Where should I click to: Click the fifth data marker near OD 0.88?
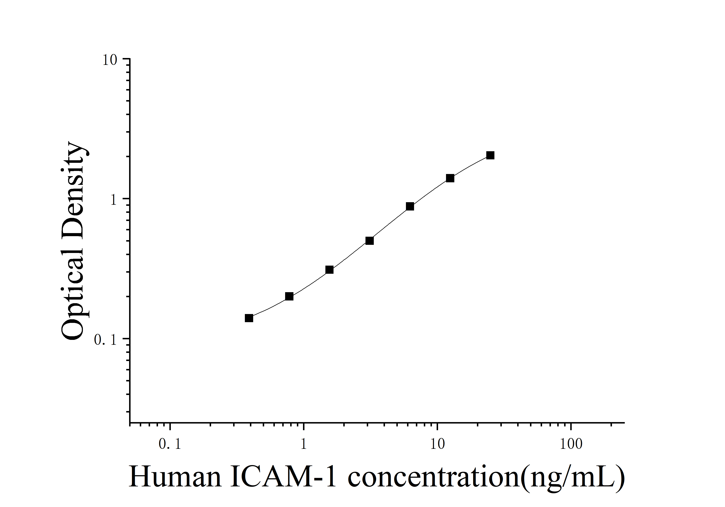tap(410, 206)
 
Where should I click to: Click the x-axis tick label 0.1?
tap(170, 444)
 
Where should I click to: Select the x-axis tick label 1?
tap(303, 444)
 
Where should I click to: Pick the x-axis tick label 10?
tap(437, 444)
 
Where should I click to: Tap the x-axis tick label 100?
tap(571, 444)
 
